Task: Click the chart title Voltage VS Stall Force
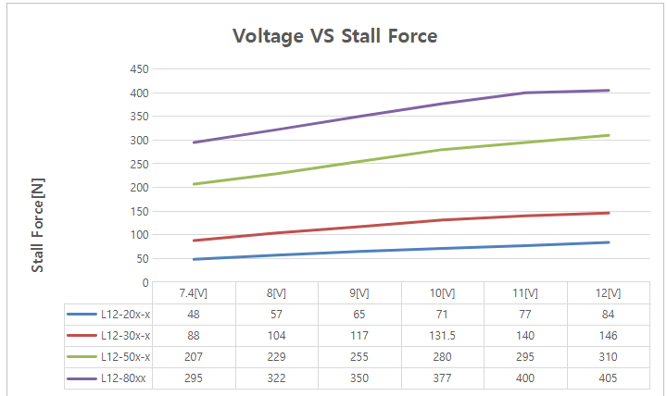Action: tap(334, 36)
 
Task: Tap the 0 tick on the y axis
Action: tap(145, 282)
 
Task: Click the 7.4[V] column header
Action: tap(195, 293)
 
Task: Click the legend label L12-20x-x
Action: tap(125, 315)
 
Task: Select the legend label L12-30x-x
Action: tap(125, 336)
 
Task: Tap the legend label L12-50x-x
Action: tap(125, 357)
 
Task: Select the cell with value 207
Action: tap(195, 357)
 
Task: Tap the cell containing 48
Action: tap(195, 315)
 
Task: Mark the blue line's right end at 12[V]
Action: tap(609, 242)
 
